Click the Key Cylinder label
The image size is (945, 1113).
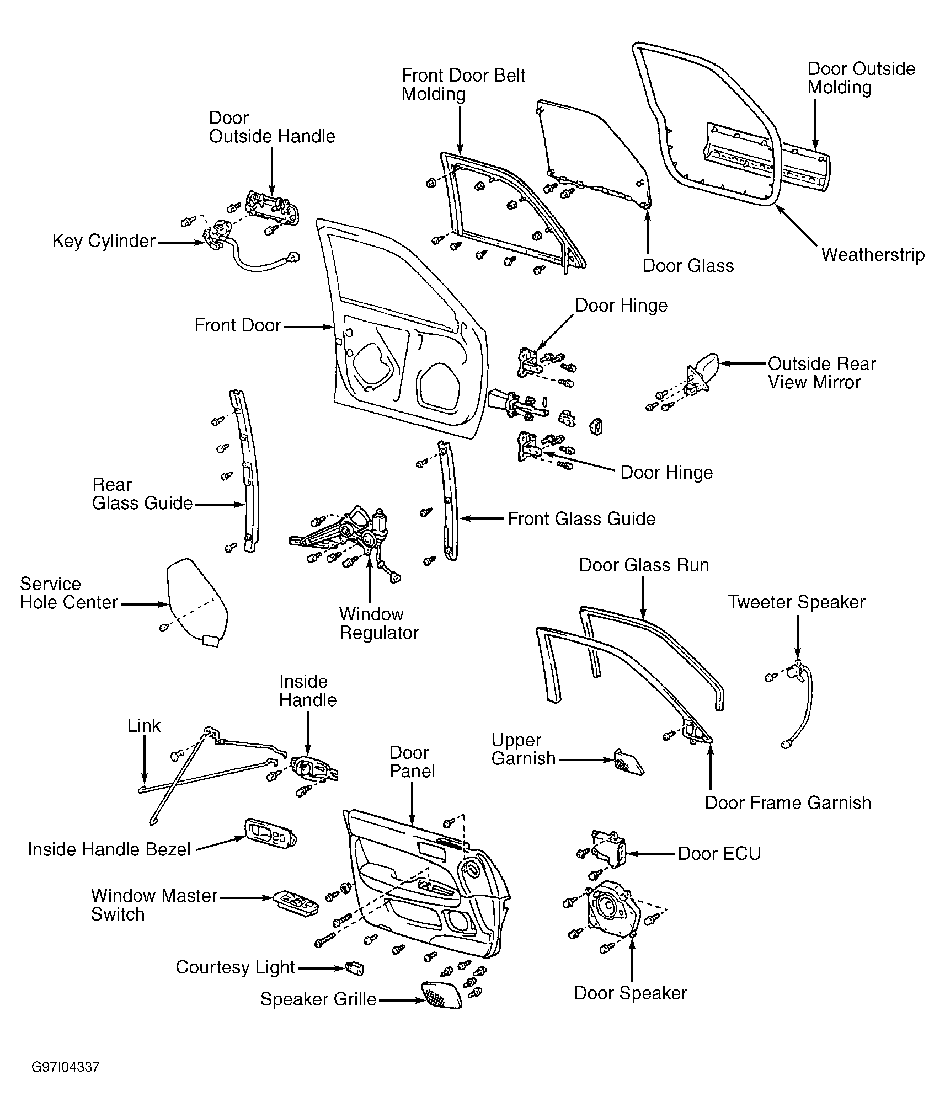pyautogui.click(x=104, y=241)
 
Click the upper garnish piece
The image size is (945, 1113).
pyautogui.click(x=628, y=762)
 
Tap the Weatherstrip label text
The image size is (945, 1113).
pyautogui.click(x=873, y=255)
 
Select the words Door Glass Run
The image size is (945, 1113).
pyautogui.click(x=644, y=565)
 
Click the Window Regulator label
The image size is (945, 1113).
pyautogui.click(x=379, y=623)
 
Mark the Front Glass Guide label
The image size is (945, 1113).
pyautogui.click(x=581, y=519)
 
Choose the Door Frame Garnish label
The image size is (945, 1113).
pyautogui.click(x=788, y=803)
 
